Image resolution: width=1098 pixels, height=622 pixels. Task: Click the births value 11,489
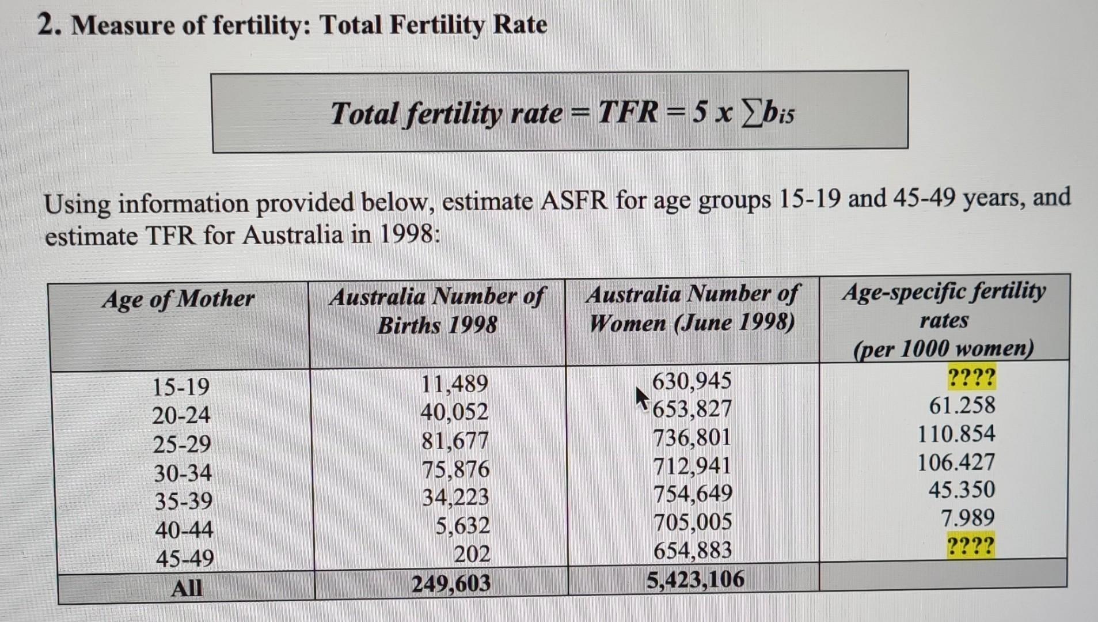454,384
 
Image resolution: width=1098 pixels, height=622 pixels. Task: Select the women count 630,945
692,381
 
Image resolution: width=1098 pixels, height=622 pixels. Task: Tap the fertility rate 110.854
956,434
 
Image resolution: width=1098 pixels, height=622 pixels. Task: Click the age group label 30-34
183,473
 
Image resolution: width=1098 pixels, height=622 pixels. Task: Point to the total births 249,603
451,583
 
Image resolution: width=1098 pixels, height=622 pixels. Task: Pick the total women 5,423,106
695,579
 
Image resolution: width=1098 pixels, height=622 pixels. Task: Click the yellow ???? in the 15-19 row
971,378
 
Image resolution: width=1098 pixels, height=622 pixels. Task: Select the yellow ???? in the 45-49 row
970,545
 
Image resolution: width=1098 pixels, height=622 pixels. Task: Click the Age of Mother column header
178,299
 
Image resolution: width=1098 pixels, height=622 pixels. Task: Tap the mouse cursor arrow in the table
641,398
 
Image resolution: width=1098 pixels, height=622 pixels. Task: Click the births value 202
472,554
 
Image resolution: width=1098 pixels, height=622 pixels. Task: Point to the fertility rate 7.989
967,518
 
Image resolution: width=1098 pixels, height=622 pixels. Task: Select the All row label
187,588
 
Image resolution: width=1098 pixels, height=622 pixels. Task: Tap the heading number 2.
48,25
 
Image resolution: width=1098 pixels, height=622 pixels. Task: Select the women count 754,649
693,494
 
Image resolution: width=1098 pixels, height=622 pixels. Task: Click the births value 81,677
455,441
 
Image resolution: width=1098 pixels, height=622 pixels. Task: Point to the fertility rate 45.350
961,490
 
